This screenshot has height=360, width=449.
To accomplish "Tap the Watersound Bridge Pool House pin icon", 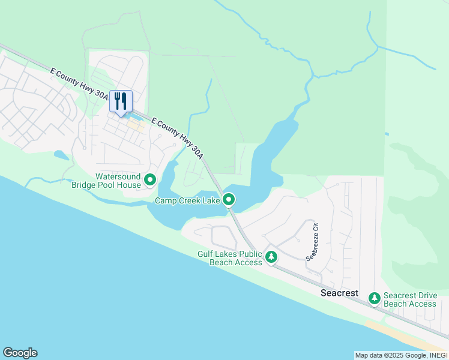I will pyautogui.click(x=150, y=179).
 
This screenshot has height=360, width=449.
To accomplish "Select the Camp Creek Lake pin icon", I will pyautogui.click(x=228, y=200).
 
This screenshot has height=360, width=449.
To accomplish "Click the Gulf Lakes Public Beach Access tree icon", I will pyautogui.click(x=271, y=257).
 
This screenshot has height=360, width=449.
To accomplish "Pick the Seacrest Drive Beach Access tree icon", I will pyautogui.click(x=375, y=298).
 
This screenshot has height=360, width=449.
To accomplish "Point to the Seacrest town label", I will pyautogui.click(x=339, y=293).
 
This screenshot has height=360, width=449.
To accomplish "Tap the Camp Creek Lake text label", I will pyautogui.click(x=187, y=201).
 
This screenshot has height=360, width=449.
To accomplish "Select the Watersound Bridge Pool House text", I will pyautogui.click(x=106, y=181).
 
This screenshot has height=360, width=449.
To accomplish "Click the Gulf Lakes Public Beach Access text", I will pyautogui.click(x=230, y=258).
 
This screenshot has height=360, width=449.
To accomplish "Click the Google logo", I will pyautogui.click(x=20, y=353).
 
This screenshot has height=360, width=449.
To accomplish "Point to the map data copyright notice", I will pyautogui.click(x=400, y=355).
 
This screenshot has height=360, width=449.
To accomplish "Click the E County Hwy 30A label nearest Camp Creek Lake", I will pyautogui.click(x=178, y=137).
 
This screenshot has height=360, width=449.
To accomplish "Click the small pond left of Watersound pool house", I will pyautogui.click(x=61, y=155).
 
